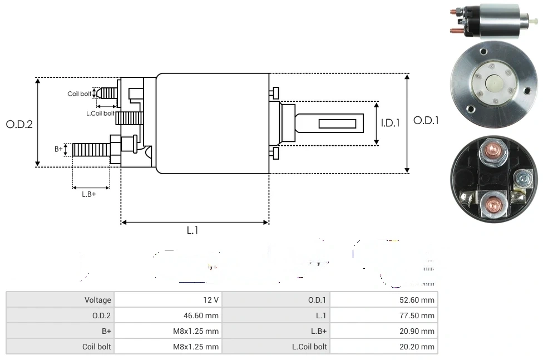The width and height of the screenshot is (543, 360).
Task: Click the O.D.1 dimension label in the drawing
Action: pyautogui.click(x=426, y=120)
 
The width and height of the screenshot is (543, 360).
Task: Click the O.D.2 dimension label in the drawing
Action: pyautogui.click(x=19, y=124)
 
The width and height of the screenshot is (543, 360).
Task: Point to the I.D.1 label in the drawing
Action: pyautogui.click(x=391, y=123)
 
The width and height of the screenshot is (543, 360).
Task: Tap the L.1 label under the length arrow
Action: pyautogui.click(x=192, y=230)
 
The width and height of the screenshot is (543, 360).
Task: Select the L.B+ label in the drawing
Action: pyautogui.click(x=89, y=194)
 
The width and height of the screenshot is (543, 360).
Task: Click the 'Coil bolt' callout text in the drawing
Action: pyautogui.click(x=79, y=93)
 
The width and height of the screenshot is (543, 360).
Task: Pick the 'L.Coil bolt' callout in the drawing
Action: pyautogui.click(x=100, y=113)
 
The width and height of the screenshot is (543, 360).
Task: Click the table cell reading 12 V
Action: pyautogui.click(x=211, y=300)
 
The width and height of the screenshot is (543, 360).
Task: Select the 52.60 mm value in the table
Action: pyautogui.click(x=420, y=300)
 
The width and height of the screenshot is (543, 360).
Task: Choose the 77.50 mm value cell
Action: pyautogui.click(x=420, y=315)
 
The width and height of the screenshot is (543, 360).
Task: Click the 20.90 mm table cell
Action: pyautogui.click(x=420, y=331)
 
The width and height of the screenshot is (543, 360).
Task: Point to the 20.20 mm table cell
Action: pyautogui.click(x=420, y=347)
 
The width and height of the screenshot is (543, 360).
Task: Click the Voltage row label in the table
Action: pyautogui.click(x=97, y=300)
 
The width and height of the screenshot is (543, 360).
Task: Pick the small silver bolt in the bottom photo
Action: pyautogui.click(x=522, y=179)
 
